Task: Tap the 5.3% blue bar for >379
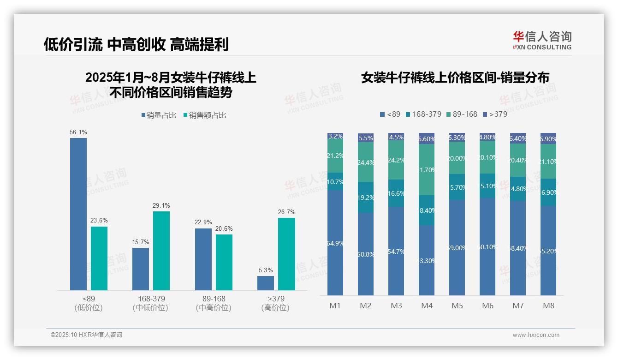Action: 266,283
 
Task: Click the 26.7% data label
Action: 287,212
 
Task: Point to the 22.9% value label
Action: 203,222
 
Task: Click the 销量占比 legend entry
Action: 159,115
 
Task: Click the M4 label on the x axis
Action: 427,306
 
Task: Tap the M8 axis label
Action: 548,306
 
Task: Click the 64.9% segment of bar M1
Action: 335,243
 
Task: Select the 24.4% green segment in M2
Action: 366,162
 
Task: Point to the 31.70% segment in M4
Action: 427,169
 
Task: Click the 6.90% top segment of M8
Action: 548,138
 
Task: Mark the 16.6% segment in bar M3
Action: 396,193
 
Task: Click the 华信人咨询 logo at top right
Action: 542,40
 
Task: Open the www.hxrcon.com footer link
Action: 535,335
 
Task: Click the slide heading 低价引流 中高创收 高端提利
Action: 136,44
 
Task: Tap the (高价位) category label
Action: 275,308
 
